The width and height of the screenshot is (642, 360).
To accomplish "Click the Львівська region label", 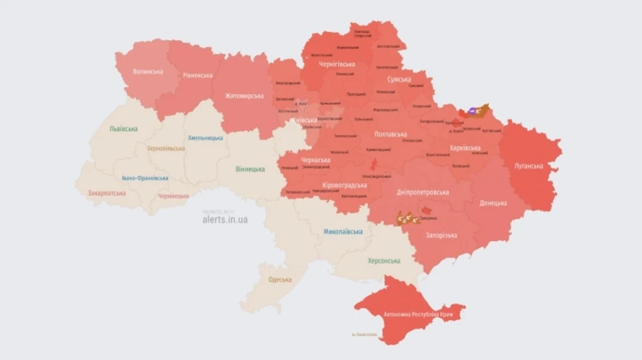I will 123,129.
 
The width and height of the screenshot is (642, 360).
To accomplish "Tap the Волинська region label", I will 149,72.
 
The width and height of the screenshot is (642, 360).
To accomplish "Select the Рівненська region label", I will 198,75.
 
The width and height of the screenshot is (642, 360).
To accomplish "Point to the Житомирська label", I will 245,96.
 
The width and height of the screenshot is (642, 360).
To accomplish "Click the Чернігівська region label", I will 338,64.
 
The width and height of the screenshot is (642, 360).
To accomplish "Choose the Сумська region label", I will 399,80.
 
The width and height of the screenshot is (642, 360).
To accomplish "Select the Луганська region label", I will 529,166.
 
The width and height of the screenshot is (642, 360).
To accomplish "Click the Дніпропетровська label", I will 424,192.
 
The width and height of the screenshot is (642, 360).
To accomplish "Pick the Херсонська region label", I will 384,261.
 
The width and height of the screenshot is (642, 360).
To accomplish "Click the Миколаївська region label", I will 342,232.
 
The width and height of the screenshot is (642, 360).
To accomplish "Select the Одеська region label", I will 280,279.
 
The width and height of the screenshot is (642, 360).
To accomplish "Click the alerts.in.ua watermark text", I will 225,220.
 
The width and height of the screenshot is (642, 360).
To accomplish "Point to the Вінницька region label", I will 250,169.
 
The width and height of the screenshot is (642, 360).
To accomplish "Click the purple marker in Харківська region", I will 474,111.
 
